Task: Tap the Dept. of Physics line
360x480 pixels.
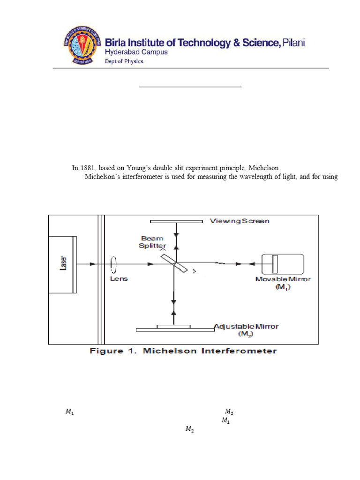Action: click(x=124, y=61)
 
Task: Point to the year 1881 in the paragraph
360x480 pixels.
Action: click(x=88, y=168)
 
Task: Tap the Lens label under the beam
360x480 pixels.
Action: click(x=119, y=279)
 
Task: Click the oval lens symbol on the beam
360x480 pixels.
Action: click(x=113, y=264)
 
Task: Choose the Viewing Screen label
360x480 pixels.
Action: click(x=240, y=221)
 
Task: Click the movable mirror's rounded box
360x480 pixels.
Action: click(x=282, y=264)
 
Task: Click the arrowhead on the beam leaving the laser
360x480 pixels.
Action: click(x=93, y=264)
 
